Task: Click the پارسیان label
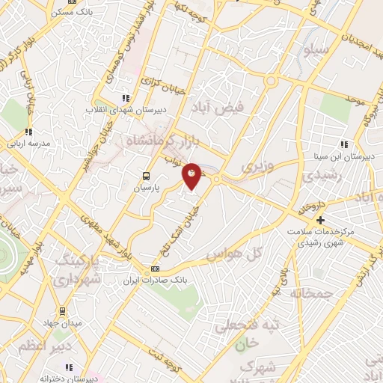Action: (x=147, y=190)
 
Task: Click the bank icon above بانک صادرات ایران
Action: (x=155, y=269)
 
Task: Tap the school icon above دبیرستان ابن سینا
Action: (x=344, y=144)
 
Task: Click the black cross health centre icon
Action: (x=320, y=220)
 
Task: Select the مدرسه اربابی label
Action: (x=28, y=143)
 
